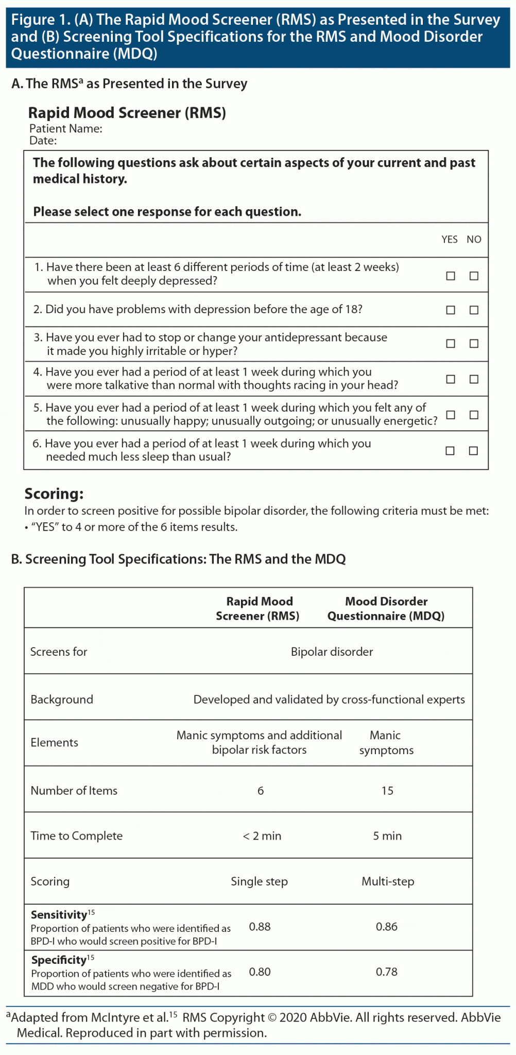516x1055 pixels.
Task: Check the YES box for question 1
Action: (x=451, y=276)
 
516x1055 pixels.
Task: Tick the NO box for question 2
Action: (x=474, y=310)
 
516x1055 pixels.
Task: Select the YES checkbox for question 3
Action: (x=451, y=344)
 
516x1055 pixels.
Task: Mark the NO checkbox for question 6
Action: (x=473, y=451)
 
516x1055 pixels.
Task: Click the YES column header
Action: (x=450, y=240)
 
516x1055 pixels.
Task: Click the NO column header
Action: (x=474, y=240)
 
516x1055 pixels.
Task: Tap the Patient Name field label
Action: (x=65, y=129)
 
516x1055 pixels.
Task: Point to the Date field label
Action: (x=43, y=141)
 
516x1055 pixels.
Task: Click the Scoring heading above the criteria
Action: (x=54, y=494)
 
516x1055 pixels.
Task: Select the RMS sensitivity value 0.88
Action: (x=260, y=927)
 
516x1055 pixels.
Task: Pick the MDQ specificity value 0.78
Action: (x=386, y=972)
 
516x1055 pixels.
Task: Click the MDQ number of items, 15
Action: (x=387, y=791)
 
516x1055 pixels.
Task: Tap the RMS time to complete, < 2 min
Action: (x=262, y=836)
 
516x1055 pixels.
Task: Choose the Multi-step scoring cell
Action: (x=388, y=881)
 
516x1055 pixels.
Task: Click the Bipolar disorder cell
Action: (x=332, y=652)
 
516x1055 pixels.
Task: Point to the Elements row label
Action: (x=54, y=742)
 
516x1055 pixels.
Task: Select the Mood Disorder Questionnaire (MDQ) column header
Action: (x=386, y=608)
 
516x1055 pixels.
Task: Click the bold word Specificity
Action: (x=59, y=960)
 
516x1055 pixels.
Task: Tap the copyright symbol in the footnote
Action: (x=272, y=1018)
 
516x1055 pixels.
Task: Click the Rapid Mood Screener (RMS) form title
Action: (x=127, y=113)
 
